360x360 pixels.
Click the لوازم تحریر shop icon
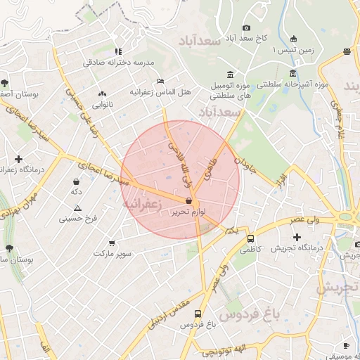click(188, 201)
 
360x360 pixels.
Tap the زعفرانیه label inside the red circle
click(143, 202)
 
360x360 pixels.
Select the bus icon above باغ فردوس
click(199, 314)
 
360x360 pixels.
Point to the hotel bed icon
click(160, 82)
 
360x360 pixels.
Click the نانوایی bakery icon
click(103, 94)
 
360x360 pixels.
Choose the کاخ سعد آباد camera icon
click(246, 27)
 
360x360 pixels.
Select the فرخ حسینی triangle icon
click(77, 208)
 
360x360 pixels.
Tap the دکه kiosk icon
click(75, 181)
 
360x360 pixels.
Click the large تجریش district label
click(336, 288)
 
